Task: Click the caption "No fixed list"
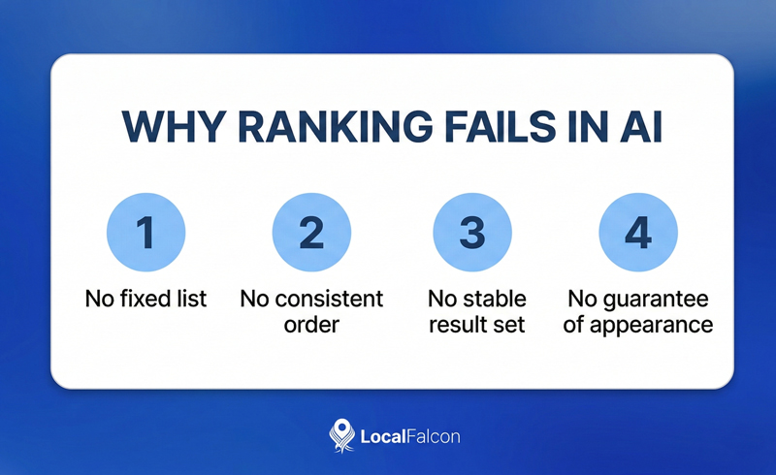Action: tap(145, 299)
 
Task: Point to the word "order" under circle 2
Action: tap(311, 324)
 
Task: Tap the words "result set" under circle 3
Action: tap(475, 324)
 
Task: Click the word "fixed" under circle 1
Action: tap(145, 299)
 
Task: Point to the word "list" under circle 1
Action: tap(190, 299)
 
